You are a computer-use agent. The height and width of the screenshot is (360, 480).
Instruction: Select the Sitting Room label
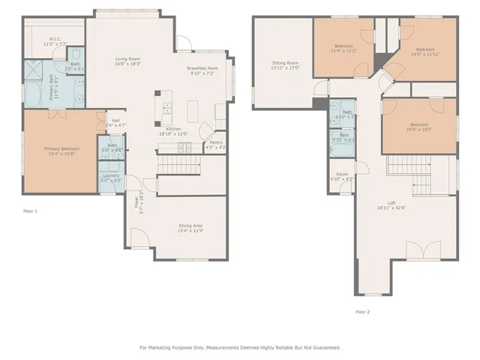click(285, 65)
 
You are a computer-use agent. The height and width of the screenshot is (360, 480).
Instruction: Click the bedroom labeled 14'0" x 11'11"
click(426, 51)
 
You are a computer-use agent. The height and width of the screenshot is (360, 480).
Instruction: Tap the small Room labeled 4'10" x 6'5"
click(341, 177)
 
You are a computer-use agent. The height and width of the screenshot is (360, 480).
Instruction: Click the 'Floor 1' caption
click(31, 212)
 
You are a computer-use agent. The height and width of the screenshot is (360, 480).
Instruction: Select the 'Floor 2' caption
click(363, 311)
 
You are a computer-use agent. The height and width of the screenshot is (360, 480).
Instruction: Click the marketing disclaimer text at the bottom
click(240, 347)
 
